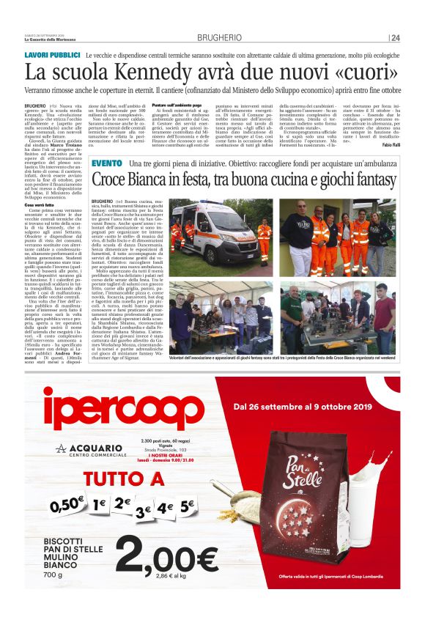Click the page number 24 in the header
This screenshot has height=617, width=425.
[x=395, y=38]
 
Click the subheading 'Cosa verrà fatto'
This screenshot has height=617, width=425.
[x=40, y=206]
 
